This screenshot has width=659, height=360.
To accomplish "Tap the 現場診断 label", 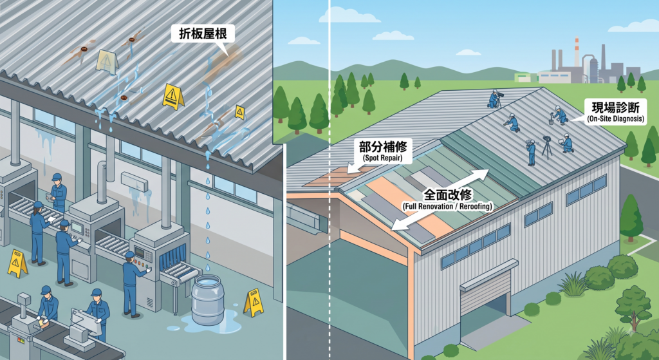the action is pos(615,108).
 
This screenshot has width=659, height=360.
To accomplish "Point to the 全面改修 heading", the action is pos(449,194).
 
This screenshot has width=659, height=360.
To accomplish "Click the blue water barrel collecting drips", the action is pos(208,299).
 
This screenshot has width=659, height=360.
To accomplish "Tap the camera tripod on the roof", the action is pos(547,147).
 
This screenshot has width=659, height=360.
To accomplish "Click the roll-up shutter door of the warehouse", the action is pos(485,294).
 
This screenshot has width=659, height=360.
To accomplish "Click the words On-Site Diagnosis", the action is pos(615,119).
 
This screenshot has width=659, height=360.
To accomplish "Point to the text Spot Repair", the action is pos(384,158).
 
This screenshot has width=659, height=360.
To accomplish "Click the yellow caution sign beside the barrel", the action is pos(254,301).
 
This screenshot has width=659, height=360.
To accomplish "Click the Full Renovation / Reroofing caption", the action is pos(448,207).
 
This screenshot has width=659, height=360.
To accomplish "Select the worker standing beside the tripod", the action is pos(531,152).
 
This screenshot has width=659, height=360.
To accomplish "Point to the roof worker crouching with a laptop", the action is pos(566,142).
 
